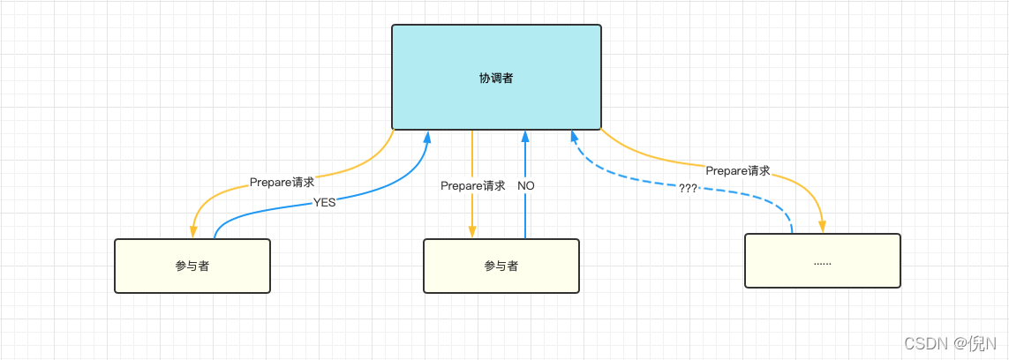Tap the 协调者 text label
click(x=496, y=78)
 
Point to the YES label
click(x=324, y=202)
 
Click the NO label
click(x=525, y=185)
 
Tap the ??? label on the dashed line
click(x=688, y=187)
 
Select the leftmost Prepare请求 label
click(x=282, y=183)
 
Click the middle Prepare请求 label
click(x=472, y=185)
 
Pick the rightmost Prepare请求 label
click(x=737, y=170)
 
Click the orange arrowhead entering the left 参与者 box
click(x=192, y=232)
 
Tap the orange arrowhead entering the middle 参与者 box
click(x=472, y=232)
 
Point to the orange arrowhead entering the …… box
click(x=823, y=227)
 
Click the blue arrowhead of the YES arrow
click(x=427, y=138)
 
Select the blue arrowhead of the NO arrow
click(x=525, y=138)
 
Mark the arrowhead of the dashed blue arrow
click(x=575, y=138)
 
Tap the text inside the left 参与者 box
click(x=192, y=266)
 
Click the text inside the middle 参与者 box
click(x=501, y=266)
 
